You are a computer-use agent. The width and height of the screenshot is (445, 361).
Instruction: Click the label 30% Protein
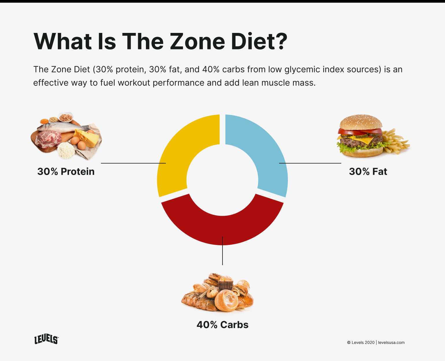point(66,172)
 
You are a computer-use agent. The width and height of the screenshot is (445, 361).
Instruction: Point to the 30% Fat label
point(368,172)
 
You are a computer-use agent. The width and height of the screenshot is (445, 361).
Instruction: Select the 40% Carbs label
point(222,325)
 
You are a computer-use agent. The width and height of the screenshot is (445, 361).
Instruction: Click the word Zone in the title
point(197,42)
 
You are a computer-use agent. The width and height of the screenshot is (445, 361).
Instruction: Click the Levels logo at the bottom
point(46,340)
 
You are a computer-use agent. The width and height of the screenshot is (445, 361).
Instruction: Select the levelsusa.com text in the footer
point(391,343)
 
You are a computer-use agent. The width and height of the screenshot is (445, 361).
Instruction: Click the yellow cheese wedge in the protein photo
point(87,138)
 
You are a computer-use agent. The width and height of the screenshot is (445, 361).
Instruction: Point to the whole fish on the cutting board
point(62,126)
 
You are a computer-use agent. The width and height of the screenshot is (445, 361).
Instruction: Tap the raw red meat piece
point(48,139)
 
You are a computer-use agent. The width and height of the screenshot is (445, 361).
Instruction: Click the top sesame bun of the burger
point(360,122)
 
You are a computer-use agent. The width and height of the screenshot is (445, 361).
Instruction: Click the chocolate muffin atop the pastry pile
point(225,283)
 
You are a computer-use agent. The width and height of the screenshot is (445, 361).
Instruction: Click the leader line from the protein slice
point(133,163)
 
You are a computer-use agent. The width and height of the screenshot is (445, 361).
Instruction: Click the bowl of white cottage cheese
point(66,150)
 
